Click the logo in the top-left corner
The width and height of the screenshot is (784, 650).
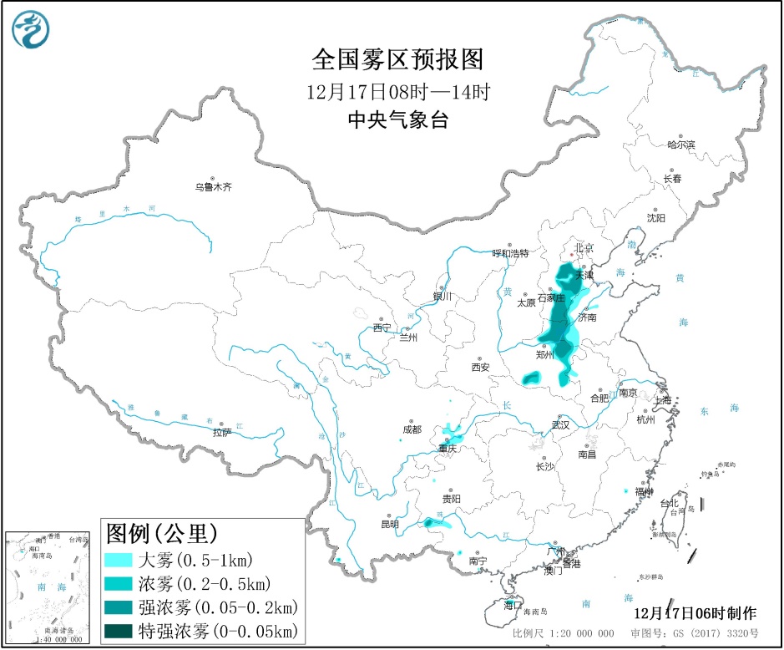click(x=31, y=31)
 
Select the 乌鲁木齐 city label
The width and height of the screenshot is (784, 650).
click(x=213, y=187)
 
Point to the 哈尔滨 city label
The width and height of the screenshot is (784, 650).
click(x=680, y=145)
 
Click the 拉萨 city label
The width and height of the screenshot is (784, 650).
click(x=221, y=432)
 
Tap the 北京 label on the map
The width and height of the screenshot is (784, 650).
click(x=584, y=248)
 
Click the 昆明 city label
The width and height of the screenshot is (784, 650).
click(x=390, y=524)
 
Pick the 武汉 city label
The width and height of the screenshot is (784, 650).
click(x=560, y=424)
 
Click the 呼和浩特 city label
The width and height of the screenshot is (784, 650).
click(x=510, y=253)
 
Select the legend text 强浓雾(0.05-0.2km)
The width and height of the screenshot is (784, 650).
click(x=217, y=607)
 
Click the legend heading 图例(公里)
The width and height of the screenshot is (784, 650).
click(x=161, y=532)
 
